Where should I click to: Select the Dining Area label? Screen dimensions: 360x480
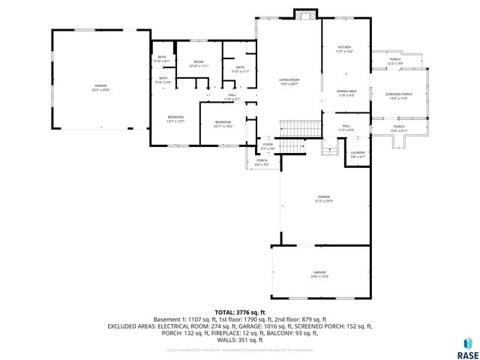[346, 94]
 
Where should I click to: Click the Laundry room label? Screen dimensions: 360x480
[358, 154]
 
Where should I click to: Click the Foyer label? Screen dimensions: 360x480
[268, 145]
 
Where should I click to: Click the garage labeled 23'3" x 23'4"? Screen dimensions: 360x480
[101, 88]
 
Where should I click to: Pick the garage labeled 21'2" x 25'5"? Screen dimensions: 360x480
[324, 199]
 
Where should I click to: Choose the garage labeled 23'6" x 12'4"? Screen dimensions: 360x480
[319, 274]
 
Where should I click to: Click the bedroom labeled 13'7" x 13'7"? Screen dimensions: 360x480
[175, 119]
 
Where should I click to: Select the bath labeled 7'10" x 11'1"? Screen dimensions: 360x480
[240, 70]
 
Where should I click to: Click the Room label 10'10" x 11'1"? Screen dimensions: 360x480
[199, 64]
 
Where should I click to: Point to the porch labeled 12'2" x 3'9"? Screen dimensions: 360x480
[396, 61]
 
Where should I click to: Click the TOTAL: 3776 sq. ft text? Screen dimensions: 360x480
[240, 312]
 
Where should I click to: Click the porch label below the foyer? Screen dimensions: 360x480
[262, 162]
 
